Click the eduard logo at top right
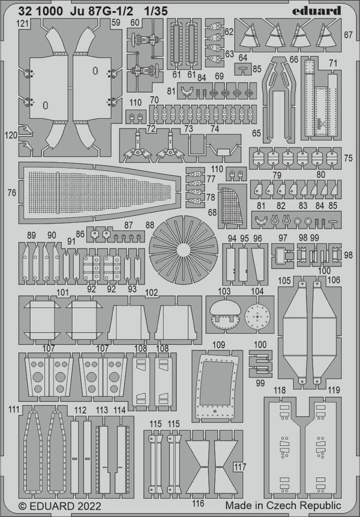point(317,11)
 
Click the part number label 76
point(12,193)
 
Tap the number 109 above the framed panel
point(219,345)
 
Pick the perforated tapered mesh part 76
point(99,192)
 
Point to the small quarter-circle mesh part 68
point(232,206)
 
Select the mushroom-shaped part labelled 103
point(224,314)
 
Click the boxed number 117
point(240,467)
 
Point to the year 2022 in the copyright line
point(89,506)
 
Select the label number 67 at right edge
point(348,35)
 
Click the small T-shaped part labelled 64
point(243,69)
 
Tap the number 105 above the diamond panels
point(285,280)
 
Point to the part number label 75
point(348,158)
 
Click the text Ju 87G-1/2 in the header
point(101,11)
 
